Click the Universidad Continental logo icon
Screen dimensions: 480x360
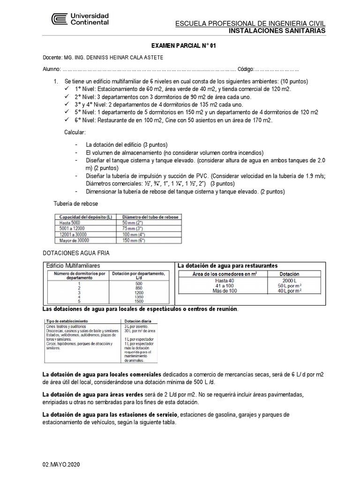coord(60,19)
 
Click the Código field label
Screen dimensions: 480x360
coord(246,69)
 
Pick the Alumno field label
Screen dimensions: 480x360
coord(52,69)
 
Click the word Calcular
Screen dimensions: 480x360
coord(75,133)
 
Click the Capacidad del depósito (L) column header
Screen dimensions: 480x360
coord(83,217)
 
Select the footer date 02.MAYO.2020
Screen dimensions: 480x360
coord(61,464)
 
